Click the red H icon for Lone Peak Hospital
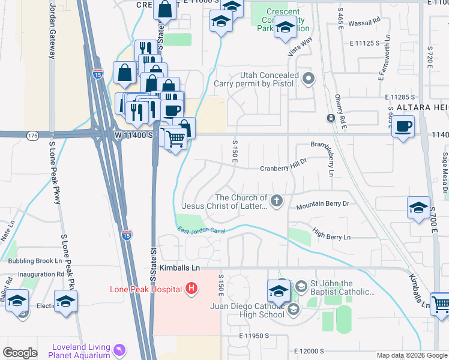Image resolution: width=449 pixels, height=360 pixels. [x=191, y=289]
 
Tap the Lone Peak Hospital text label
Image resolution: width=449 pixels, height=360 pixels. [x=146, y=289]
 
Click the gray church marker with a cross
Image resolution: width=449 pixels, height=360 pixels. [x=277, y=200]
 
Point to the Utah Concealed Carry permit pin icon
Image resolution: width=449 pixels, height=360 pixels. [x=309, y=78]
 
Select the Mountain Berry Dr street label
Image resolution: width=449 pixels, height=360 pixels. [x=322, y=204]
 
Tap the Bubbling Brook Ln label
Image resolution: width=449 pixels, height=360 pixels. [x=35, y=261]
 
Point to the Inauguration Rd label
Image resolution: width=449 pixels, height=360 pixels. [x=40, y=274]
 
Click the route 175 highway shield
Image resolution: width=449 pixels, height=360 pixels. [x=32, y=136]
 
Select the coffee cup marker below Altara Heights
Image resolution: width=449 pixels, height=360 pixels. [x=403, y=127]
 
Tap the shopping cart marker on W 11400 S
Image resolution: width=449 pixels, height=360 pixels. [x=175, y=139]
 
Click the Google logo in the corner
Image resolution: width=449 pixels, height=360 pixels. [x=20, y=352]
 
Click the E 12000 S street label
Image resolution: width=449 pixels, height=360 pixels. [x=309, y=351]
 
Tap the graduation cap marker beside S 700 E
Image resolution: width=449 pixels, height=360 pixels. [x=418, y=208]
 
